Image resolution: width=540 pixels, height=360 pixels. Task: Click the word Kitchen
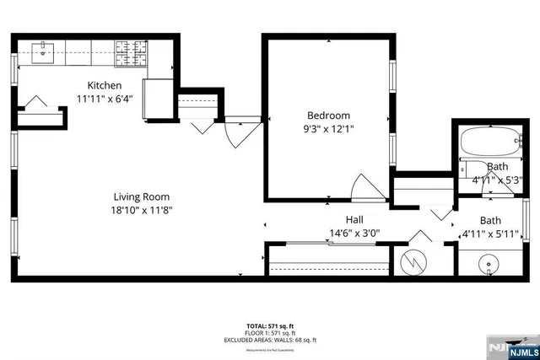(x=105, y=85)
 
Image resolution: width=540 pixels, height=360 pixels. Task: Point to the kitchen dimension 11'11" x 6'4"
(x=105, y=98)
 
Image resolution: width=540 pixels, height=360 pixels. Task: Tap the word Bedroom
(x=328, y=116)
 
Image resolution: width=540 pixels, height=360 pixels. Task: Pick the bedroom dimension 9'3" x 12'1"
(x=328, y=129)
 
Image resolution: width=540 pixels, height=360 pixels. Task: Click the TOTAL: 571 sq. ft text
(x=269, y=325)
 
